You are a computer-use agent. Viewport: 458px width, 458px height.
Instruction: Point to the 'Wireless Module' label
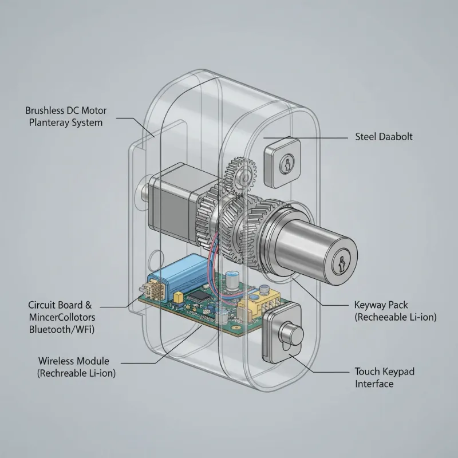click(x=73, y=361)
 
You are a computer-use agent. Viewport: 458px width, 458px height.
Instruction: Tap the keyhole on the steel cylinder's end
click(x=342, y=263)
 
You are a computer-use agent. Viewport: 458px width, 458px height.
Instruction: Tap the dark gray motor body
click(x=172, y=204)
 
